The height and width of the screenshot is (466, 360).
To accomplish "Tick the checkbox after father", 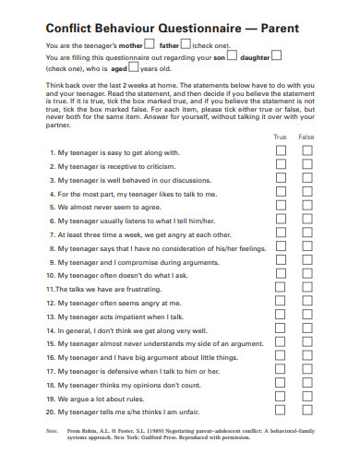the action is (x=186, y=43).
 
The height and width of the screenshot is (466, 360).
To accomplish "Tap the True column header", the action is (x=281, y=136).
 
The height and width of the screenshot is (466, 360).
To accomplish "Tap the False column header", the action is (x=306, y=136).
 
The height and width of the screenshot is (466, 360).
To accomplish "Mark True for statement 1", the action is (x=282, y=151).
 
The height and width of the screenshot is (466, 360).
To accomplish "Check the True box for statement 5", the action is (x=282, y=207).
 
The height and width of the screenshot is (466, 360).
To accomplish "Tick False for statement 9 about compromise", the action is (x=307, y=261).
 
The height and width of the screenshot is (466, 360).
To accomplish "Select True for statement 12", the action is (x=282, y=303).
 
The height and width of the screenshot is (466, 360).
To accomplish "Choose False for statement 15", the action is (x=307, y=343).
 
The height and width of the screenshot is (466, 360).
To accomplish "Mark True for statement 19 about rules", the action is (x=282, y=398).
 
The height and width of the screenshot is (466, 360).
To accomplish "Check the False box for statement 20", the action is (x=307, y=412).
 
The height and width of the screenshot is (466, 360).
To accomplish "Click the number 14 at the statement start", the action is (x=50, y=329).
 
